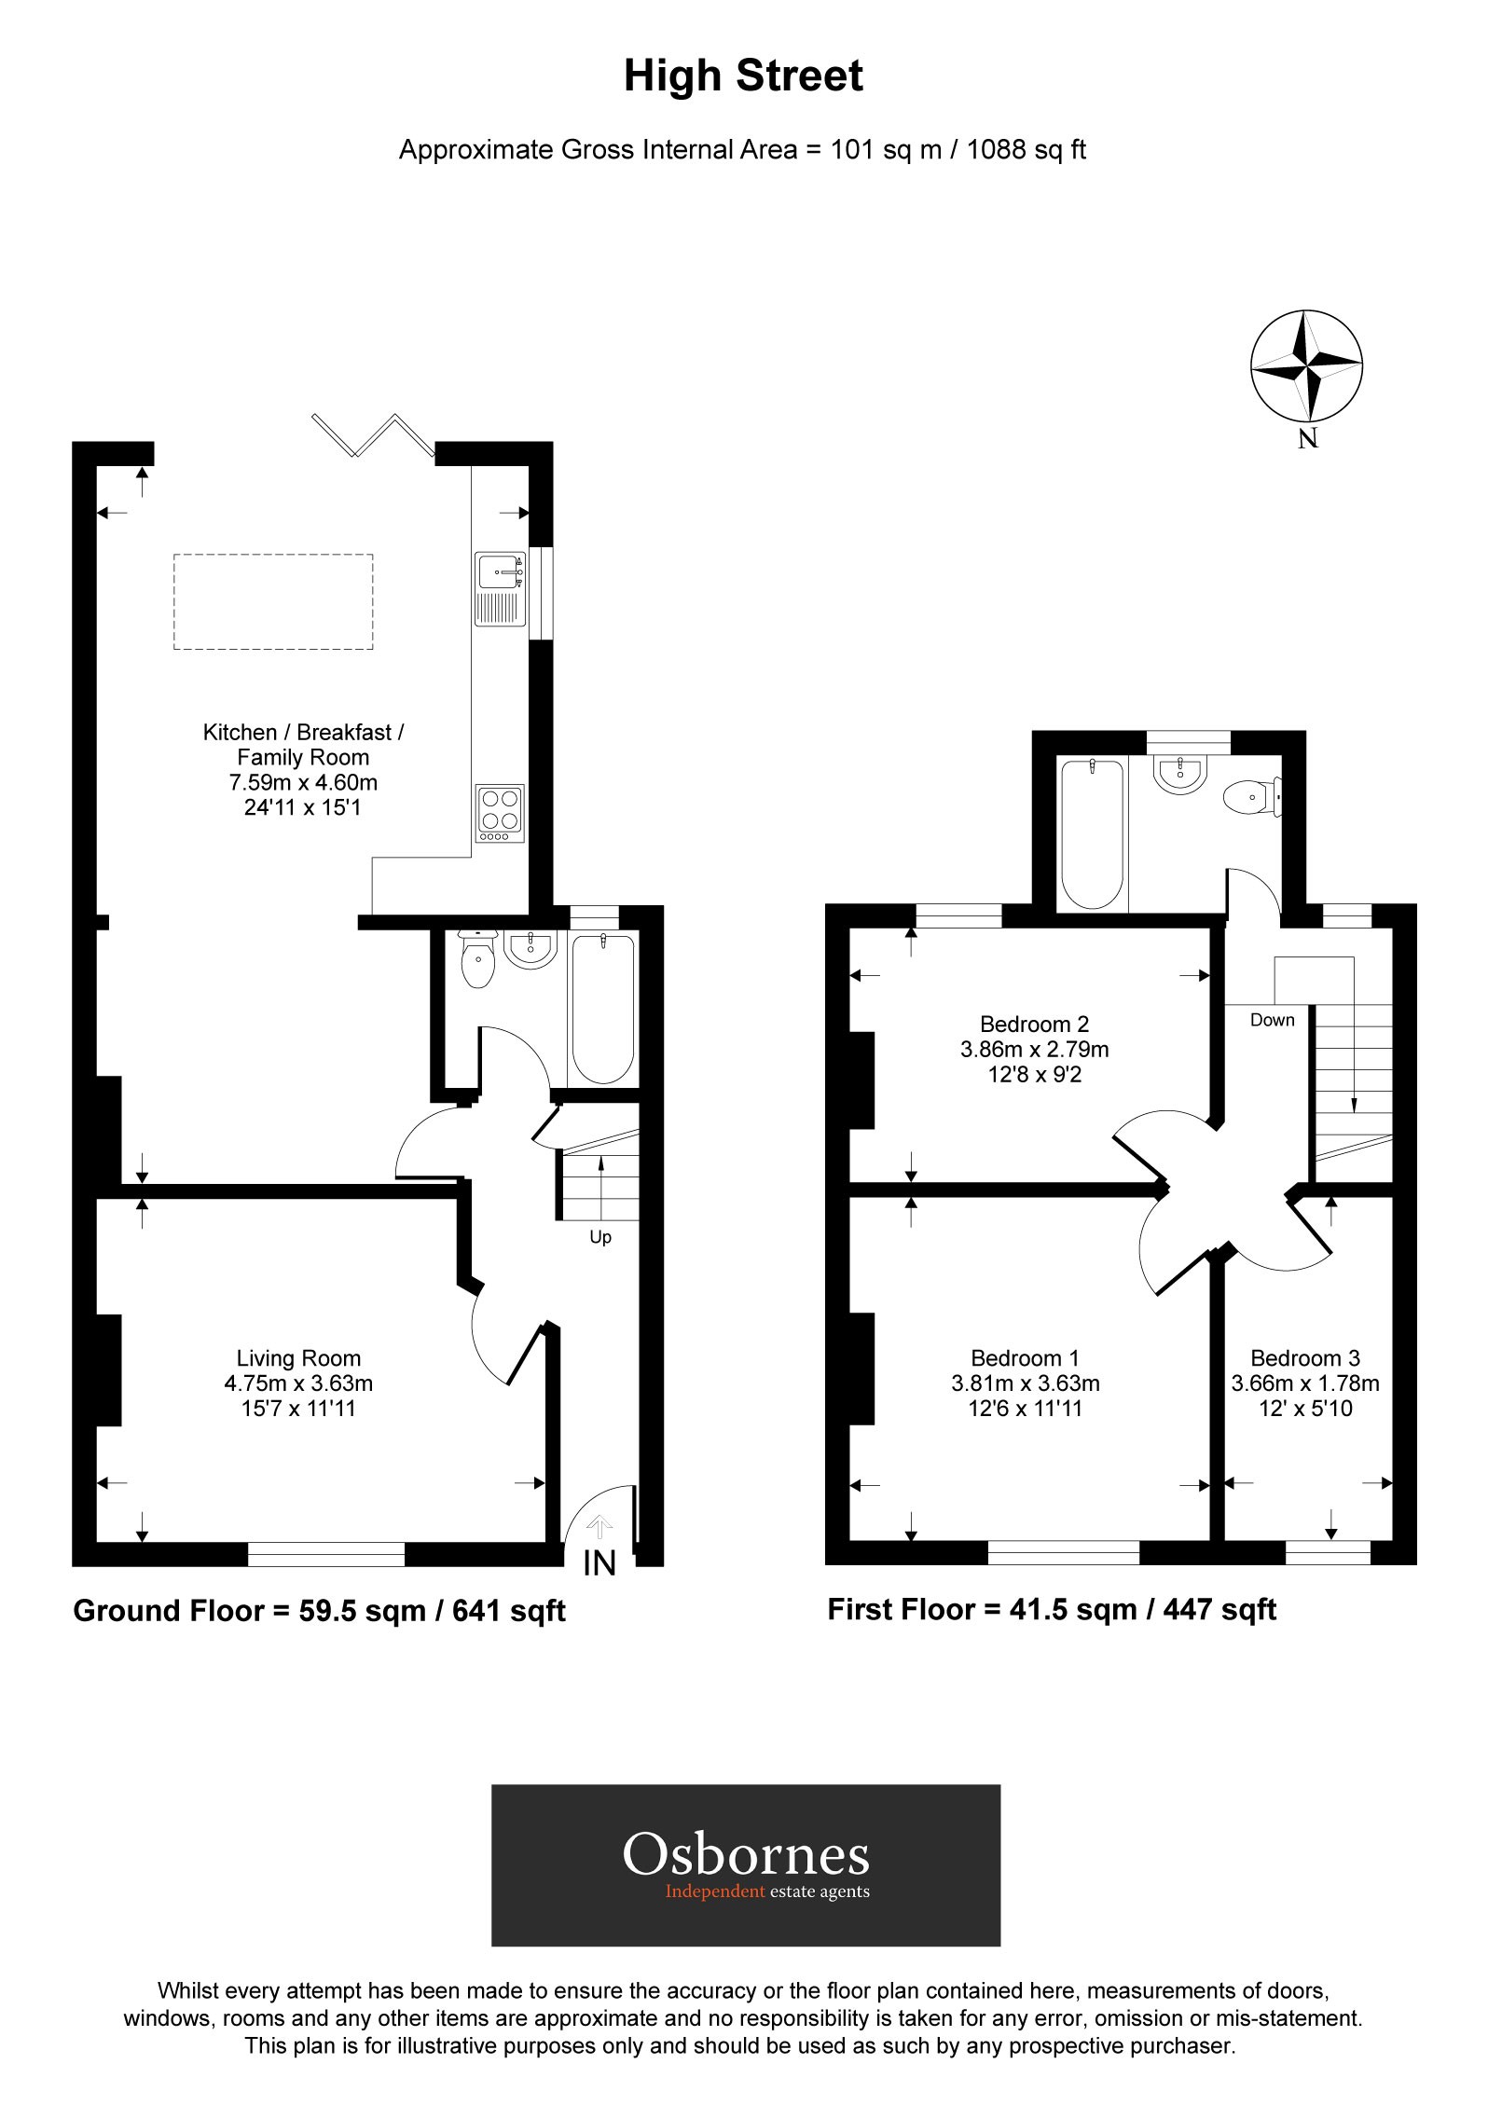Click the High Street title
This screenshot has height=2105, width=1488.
tap(743, 76)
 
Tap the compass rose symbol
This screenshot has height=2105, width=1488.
tap(1306, 368)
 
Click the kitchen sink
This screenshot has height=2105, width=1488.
tap(502, 588)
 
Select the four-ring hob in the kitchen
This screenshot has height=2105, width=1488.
tap(499, 811)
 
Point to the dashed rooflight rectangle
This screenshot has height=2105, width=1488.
tap(273, 601)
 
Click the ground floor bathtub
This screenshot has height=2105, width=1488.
tap(603, 1009)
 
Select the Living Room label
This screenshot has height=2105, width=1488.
tap(298, 1358)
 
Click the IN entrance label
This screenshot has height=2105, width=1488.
tap(599, 1563)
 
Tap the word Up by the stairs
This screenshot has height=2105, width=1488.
tap(600, 1237)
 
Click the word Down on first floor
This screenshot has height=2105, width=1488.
tap(1272, 1020)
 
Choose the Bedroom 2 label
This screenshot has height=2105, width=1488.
tap(1034, 1024)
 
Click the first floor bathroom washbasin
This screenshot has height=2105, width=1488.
tap(1181, 774)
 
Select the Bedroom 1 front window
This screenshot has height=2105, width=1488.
tap(1063, 1551)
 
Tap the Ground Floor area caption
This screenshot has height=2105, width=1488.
tap(319, 1611)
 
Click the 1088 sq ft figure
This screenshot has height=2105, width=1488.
tap(1026, 149)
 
